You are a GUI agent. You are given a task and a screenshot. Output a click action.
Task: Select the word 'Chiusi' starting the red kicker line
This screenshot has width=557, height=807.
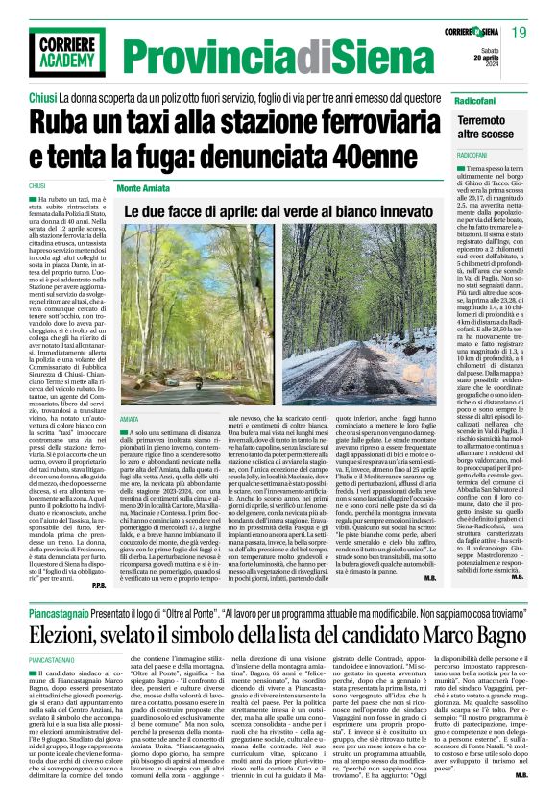pyautogui.click(x=41, y=98)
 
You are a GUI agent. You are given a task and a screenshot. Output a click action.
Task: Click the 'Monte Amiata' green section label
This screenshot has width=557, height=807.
pyautogui.click(x=144, y=188)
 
